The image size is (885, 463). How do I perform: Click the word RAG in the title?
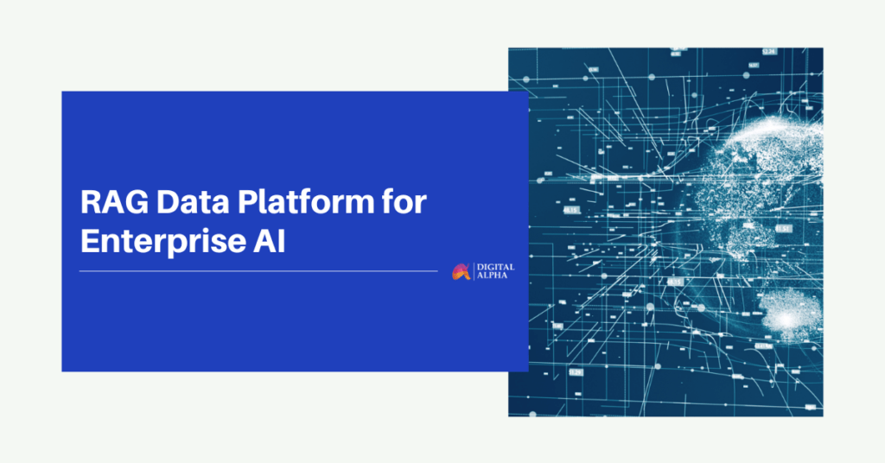click(x=114, y=202)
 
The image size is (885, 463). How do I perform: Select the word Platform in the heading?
click(x=305, y=202)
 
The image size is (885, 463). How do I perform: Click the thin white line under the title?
click(x=258, y=271)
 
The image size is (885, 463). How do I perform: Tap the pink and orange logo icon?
click(x=461, y=272)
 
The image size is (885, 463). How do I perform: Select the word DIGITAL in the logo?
click(x=495, y=267)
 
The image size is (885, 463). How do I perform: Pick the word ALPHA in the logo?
click(x=492, y=276)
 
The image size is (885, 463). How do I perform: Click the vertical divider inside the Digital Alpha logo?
click(x=474, y=271)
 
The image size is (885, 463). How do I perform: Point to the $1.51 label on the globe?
click(x=783, y=228)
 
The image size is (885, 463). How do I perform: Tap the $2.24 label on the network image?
click(x=768, y=51)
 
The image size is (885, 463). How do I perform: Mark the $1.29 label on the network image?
click(x=575, y=372)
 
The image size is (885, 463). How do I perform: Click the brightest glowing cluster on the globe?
click(x=786, y=320)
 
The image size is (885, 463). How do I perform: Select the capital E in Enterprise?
click(x=90, y=241)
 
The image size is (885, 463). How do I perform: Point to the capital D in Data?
click(x=168, y=202)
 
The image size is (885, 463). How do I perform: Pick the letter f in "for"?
click(x=390, y=201)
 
